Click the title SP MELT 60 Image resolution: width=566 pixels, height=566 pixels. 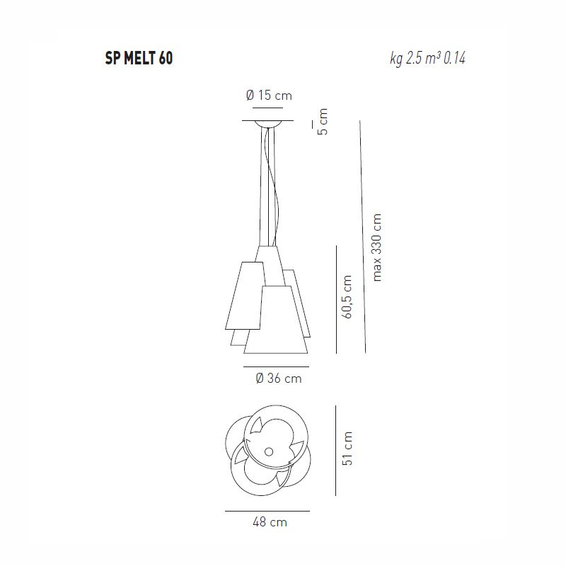[139, 59]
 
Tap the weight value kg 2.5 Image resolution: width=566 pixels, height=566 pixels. [405, 59]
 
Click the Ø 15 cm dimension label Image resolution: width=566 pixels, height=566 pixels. [269, 96]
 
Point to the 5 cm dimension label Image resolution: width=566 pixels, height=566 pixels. [323, 122]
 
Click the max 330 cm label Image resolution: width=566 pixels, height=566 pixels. [377, 248]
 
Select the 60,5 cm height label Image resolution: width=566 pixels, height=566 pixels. [347, 297]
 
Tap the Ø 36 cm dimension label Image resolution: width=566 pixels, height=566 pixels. [278, 379]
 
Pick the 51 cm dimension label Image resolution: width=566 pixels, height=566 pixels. [347, 448]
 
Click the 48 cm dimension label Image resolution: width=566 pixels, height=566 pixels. [269, 522]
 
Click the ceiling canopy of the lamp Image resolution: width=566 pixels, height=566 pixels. [268, 124]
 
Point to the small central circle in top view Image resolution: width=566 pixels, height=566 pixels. [268, 451]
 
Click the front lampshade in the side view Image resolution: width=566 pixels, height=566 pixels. [277, 322]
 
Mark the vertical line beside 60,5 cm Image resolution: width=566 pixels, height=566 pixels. [335, 297]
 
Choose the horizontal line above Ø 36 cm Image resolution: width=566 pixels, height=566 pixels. [276, 366]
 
